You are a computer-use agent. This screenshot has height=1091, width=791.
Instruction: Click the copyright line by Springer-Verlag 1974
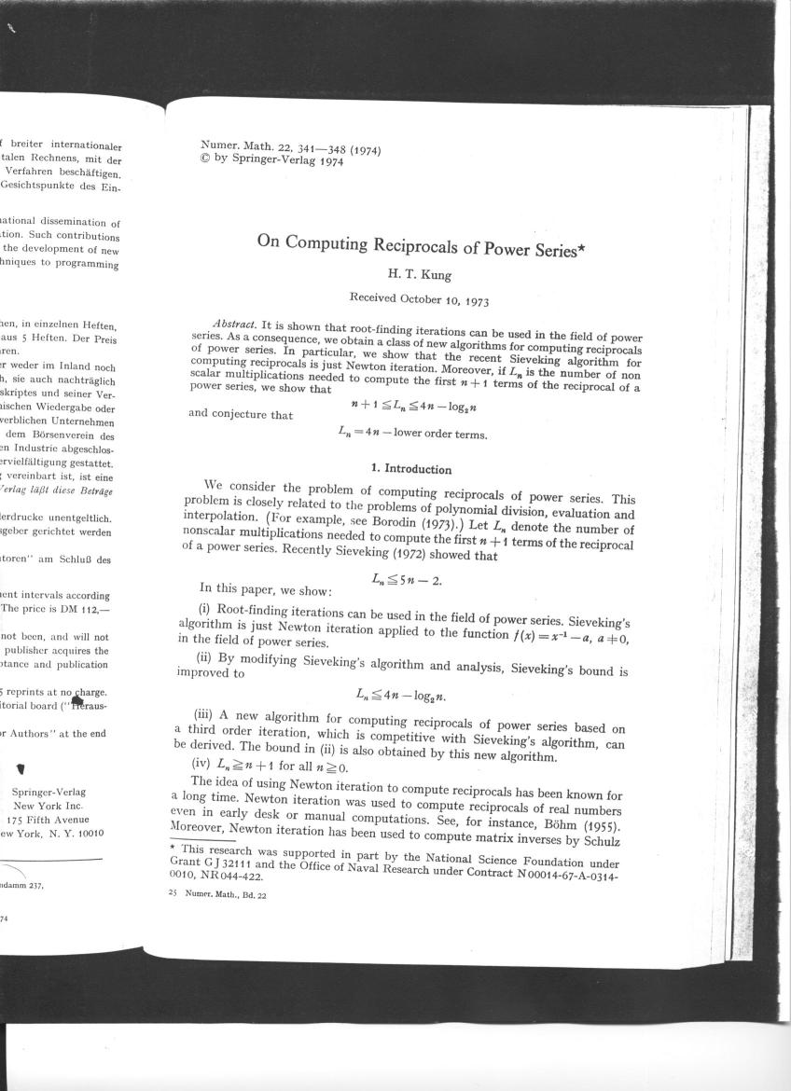(x=272, y=160)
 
